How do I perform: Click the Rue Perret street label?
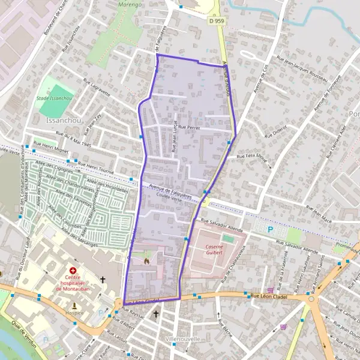[189, 127]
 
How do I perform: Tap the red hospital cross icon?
[73, 271]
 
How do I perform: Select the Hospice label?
[74, 312]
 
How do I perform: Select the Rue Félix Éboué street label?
[252, 157]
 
